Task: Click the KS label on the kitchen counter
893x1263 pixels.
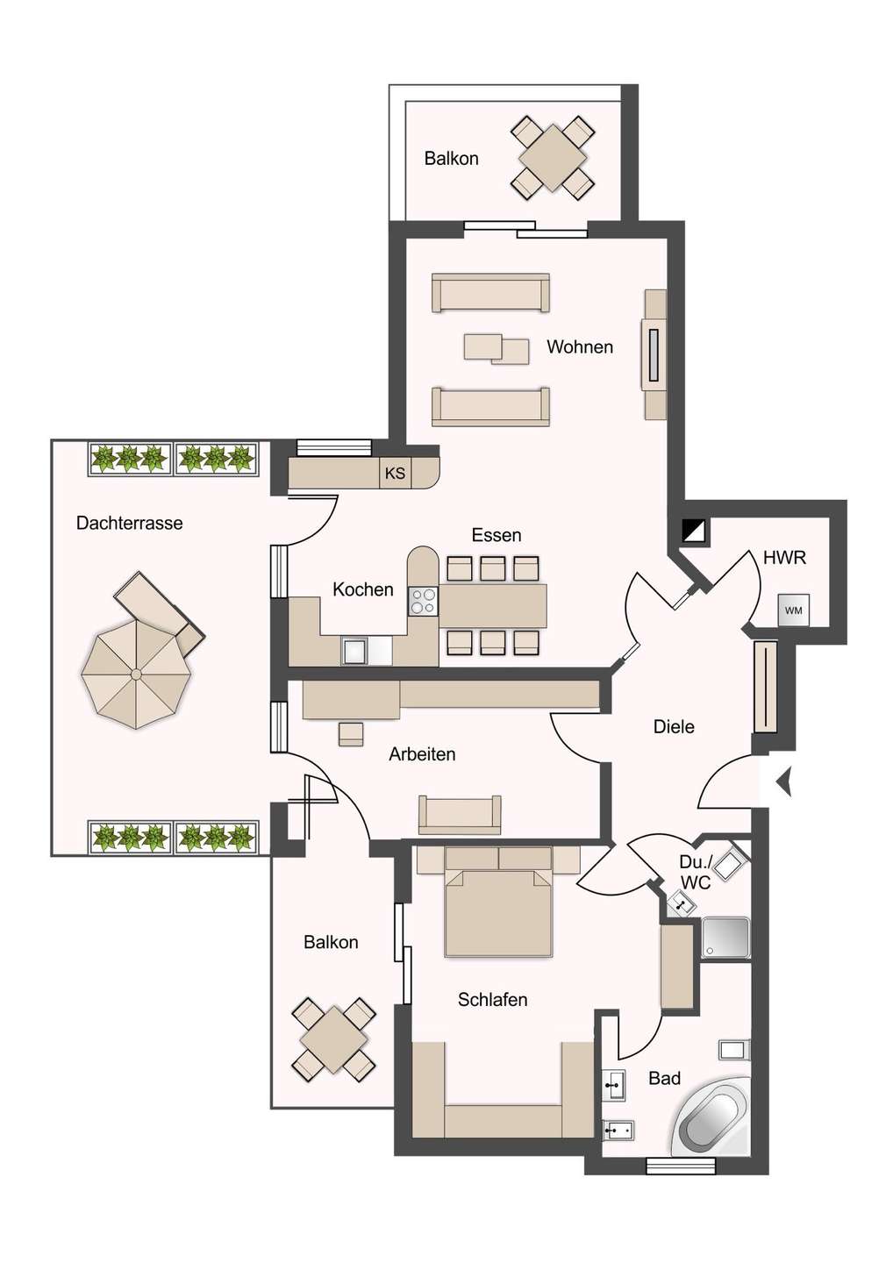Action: coord(395,473)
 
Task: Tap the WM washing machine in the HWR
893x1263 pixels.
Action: coord(793,610)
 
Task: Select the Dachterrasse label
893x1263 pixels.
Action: coord(129,523)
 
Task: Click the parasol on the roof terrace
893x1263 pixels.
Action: coord(137,674)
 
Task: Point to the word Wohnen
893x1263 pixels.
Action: coord(580,346)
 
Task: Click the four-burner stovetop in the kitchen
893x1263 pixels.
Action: coord(423,601)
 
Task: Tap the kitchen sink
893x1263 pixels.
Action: coord(354,651)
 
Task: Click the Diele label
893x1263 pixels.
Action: coord(674,726)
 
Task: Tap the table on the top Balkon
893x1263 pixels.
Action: coord(553,158)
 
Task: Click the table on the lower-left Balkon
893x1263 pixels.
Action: coord(333,1039)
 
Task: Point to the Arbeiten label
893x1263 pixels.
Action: coord(422,754)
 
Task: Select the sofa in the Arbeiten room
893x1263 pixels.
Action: coord(460,815)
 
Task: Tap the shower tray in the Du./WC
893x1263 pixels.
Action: coord(726,937)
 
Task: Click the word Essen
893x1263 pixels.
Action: coord(497,534)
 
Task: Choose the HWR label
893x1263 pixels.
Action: coord(784,558)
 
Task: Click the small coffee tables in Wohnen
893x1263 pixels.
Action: coord(497,349)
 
